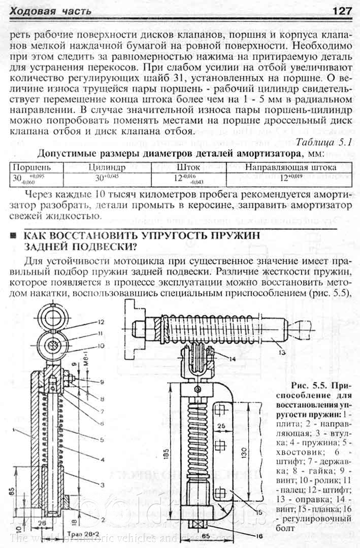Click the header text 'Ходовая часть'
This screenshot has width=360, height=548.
[x=51, y=11]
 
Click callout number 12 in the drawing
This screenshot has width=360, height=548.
[x=101, y=322]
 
